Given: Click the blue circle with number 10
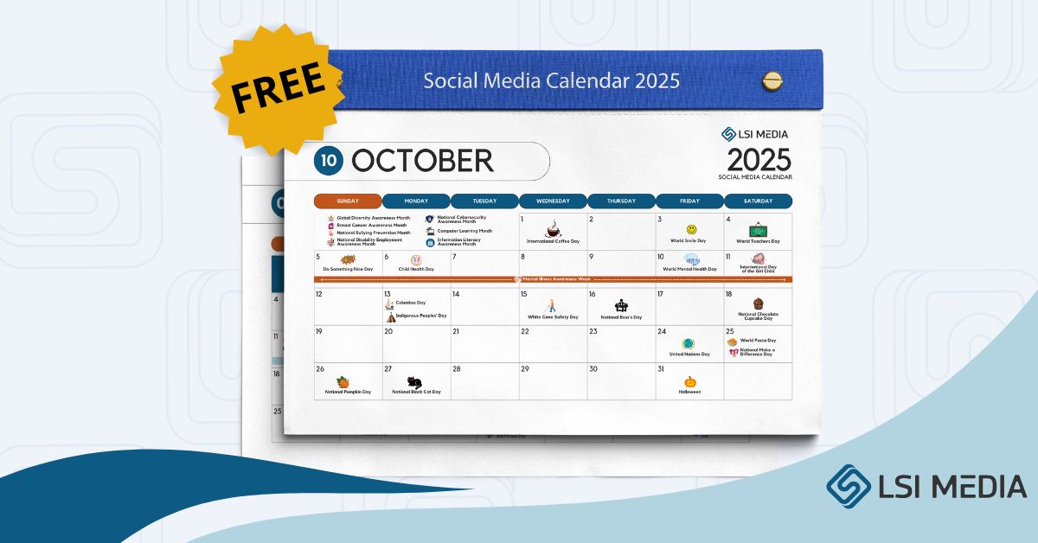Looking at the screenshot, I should tap(329, 160).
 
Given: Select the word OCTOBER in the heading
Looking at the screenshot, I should tap(423, 161).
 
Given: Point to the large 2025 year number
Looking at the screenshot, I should tap(759, 160).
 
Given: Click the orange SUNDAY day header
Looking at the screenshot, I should tap(347, 201).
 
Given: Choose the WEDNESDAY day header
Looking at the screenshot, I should tap(553, 201).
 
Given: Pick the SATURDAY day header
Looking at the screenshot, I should tap(758, 201).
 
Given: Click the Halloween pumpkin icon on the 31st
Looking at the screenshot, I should tap(690, 381).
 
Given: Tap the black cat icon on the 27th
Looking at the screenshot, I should tap(415, 381).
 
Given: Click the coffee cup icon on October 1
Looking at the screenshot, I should tap(553, 231).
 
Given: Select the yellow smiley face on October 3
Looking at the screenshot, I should tap(691, 229).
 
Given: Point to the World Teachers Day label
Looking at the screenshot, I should tap(758, 241).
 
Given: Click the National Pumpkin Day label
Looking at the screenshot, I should tap(348, 392).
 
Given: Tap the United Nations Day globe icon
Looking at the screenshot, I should tap(689, 343).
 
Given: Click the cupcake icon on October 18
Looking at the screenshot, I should tap(758, 303).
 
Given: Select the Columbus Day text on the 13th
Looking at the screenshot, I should tap(410, 303).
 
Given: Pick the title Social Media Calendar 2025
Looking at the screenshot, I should tap(551, 81).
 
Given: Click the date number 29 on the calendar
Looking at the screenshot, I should tap(524, 369).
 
